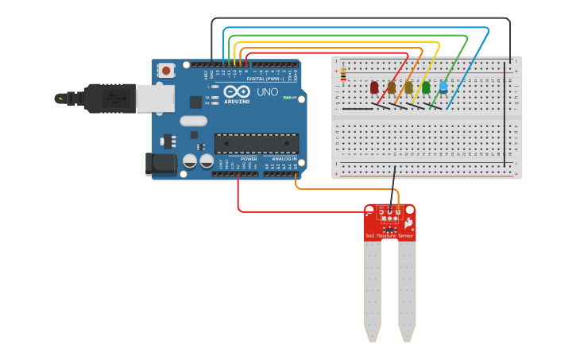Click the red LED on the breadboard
tap(374, 87)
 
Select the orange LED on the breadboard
tap(392, 87)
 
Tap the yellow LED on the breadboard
tap(409, 87)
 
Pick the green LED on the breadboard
tap(426, 87)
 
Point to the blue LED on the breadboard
tap(443, 87)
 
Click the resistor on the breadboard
tap(343, 74)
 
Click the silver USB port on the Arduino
tap(154, 99)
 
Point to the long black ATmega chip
tap(256, 143)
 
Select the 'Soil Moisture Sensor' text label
tap(389, 236)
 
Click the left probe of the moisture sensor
tap(372, 290)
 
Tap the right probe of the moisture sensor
tap(407, 290)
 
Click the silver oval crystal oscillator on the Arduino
tap(193, 121)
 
